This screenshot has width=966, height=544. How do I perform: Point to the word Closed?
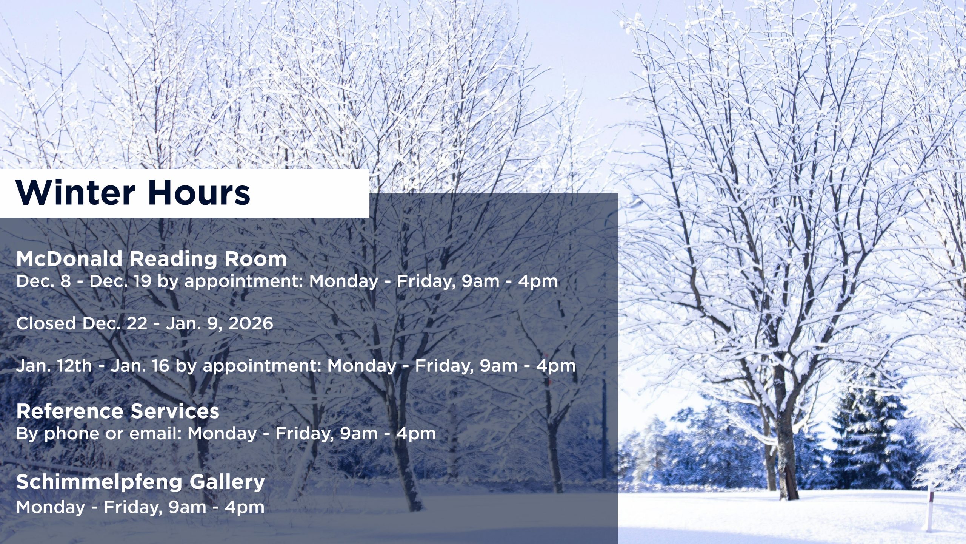[x=46, y=323]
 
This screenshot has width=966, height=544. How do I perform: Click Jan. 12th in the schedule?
[x=54, y=366]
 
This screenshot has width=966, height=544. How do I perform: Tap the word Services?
[x=175, y=411]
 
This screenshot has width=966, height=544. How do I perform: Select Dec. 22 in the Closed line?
[x=115, y=323]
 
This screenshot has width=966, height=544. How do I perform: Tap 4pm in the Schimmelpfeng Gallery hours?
[x=245, y=507]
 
